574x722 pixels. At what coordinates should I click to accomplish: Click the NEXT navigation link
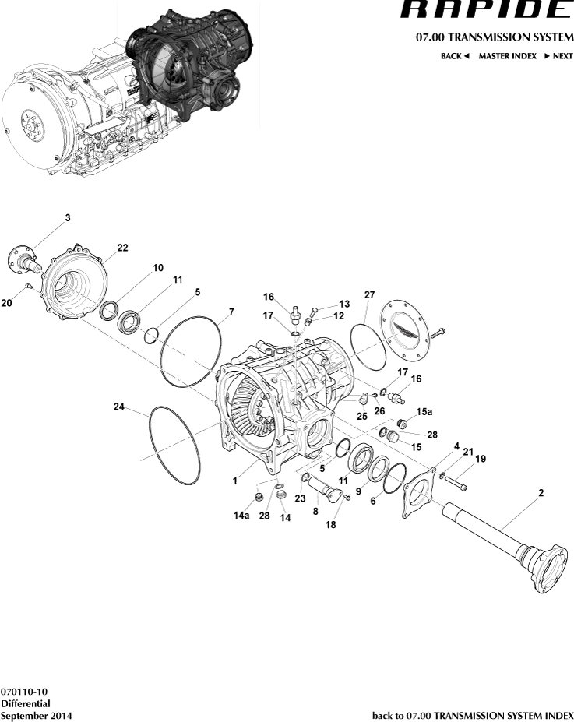(x=558, y=57)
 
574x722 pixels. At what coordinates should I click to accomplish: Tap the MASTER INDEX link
(x=507, y=57)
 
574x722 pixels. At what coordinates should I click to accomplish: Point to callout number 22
(x=122, y=248)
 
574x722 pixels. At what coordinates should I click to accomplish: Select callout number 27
(x=369, y=295)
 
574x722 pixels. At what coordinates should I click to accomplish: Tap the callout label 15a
(x=424, y=411)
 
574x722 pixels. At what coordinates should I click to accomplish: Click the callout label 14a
(x=241, y=516)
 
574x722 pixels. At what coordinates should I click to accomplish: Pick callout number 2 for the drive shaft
(x=541, y=493)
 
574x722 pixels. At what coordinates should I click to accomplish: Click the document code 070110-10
(x=24, y=692)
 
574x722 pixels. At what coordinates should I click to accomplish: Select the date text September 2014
(x=37, y=715)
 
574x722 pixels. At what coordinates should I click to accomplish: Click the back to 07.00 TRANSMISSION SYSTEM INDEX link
(x=473, y=715)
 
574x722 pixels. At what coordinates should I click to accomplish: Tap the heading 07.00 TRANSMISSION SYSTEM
(x=495, y=37)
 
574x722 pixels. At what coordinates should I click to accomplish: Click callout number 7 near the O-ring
(x=231, y=312)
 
